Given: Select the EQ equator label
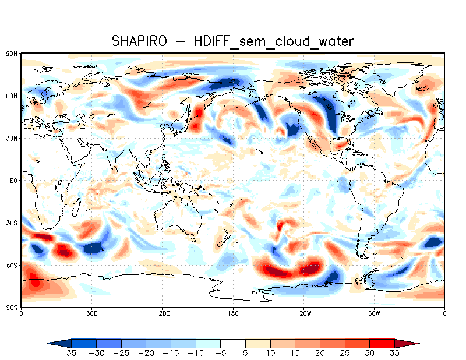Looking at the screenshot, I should [13, 180].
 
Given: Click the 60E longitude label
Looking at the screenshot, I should [91, 313].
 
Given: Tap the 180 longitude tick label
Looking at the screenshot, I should [233, 313].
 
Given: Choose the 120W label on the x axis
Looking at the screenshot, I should [303, 313].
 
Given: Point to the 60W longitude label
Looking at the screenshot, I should [374, 313].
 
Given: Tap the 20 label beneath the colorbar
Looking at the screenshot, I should [320, 353].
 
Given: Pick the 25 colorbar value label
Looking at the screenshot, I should [345, 353].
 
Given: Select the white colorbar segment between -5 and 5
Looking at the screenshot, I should [233, 343].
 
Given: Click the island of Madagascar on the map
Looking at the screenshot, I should [76, 208].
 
